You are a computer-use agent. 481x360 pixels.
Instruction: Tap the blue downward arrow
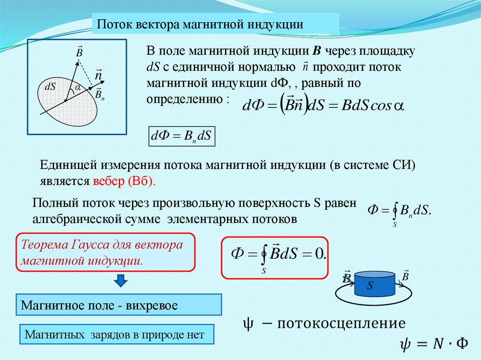(121, 281)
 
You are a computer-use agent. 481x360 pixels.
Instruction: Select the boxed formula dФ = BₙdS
(181, 137)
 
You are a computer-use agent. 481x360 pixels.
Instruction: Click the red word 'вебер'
(109, 181)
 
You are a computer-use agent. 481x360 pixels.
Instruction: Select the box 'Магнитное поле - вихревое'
(118, 306)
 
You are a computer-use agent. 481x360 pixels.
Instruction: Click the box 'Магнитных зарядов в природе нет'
(116, 335)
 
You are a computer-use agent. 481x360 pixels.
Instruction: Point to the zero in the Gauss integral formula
(320, 254)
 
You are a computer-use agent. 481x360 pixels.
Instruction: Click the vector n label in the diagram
(99, 75)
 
